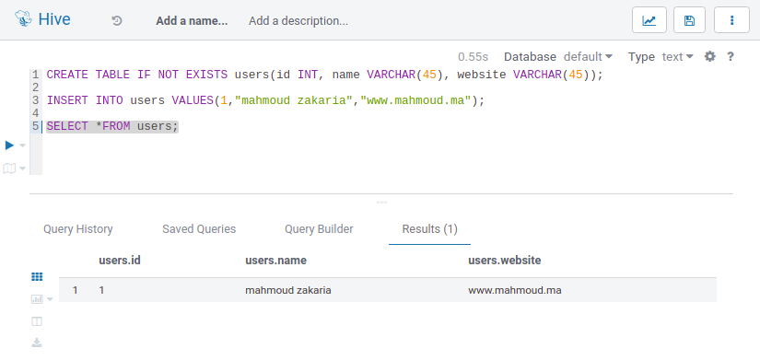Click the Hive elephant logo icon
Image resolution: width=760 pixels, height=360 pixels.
(23, 19)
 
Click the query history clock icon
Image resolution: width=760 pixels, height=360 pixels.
(117, 21)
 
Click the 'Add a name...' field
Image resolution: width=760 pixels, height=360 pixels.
(192, 21)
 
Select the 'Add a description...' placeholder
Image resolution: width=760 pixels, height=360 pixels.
(298, 21)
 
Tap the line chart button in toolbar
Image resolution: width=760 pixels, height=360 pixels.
(649, 20)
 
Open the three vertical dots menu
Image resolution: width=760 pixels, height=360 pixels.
(731, 20)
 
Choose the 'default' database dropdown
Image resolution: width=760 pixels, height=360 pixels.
(588, 57)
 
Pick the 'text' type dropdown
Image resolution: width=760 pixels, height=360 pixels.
(678, 57)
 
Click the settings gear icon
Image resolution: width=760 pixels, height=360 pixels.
(710, 57)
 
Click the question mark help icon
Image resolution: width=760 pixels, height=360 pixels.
(731, 57)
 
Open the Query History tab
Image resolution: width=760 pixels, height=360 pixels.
(78, 229)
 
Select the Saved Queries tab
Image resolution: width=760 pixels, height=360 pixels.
(199, 229)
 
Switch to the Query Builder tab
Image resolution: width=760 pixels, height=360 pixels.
(319, 229)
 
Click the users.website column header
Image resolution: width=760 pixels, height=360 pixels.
(504, 261)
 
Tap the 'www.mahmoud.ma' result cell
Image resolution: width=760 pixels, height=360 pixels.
(515, 291)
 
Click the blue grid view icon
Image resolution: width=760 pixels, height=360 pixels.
(37, 276)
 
